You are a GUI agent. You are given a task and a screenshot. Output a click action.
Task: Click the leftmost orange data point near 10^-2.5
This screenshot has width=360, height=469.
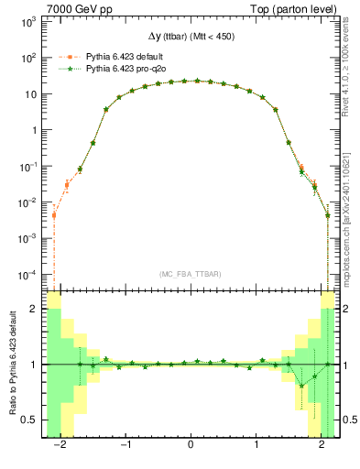(54, 215)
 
